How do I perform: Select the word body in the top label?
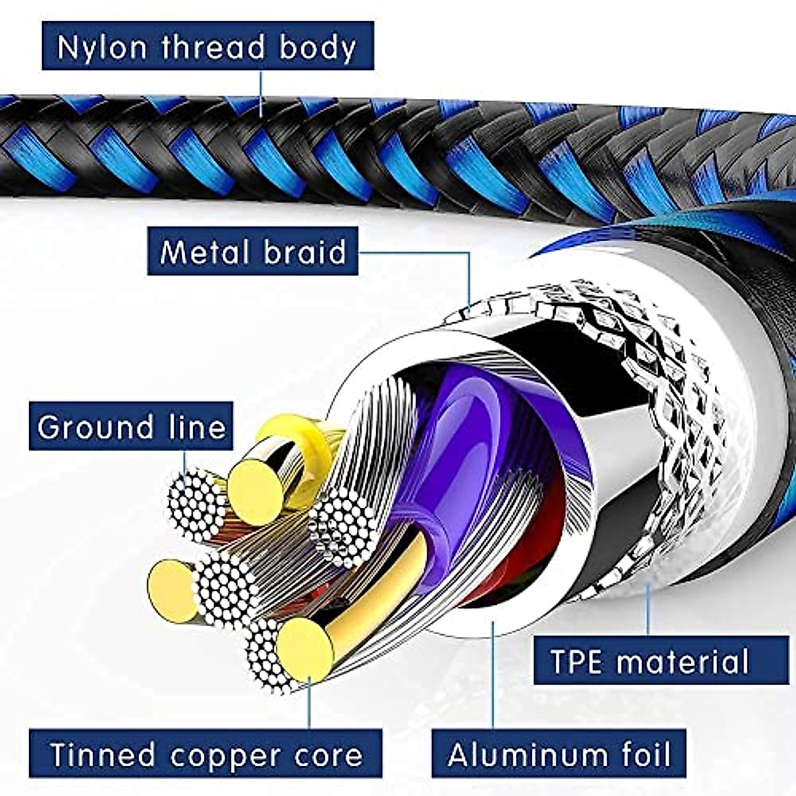(317, 47)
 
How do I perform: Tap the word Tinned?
(103, 755)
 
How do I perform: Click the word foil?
(637, 755)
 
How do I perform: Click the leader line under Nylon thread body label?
(261, 93)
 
